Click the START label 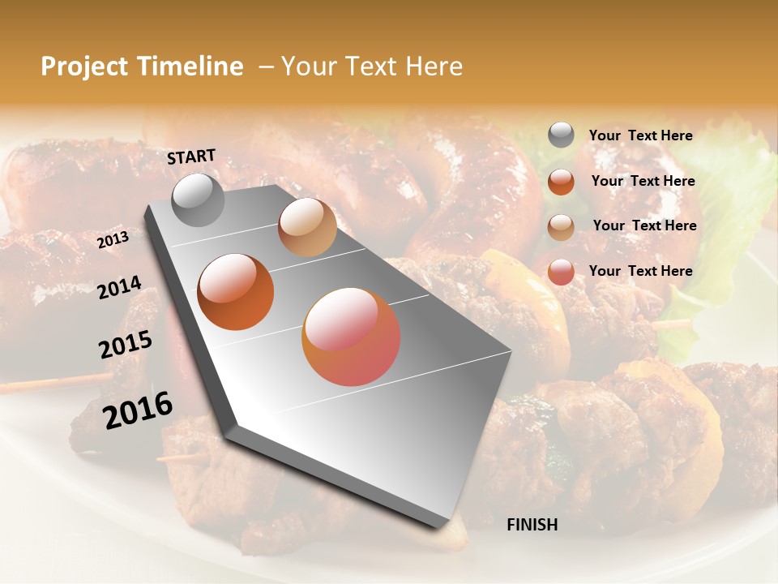coord(191,157)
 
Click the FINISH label coord(532,525)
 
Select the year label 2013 coord(113,240)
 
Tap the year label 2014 coord(119,287)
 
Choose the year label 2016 coord(138,410)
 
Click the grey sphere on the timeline coord(199,200)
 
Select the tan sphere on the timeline coord(307,227)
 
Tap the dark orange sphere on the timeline coord(236,292)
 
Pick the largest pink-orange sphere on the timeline coord(351,337)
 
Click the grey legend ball coord(561,135)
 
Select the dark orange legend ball coord(561,182)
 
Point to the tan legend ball coord(561,227)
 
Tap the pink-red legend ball coord(561,273)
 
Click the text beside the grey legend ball coord(640,135)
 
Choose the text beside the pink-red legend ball coord(640,271)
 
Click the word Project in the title coord(84,67)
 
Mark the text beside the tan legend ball coord(644,225)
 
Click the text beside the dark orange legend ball coord(643,181)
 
